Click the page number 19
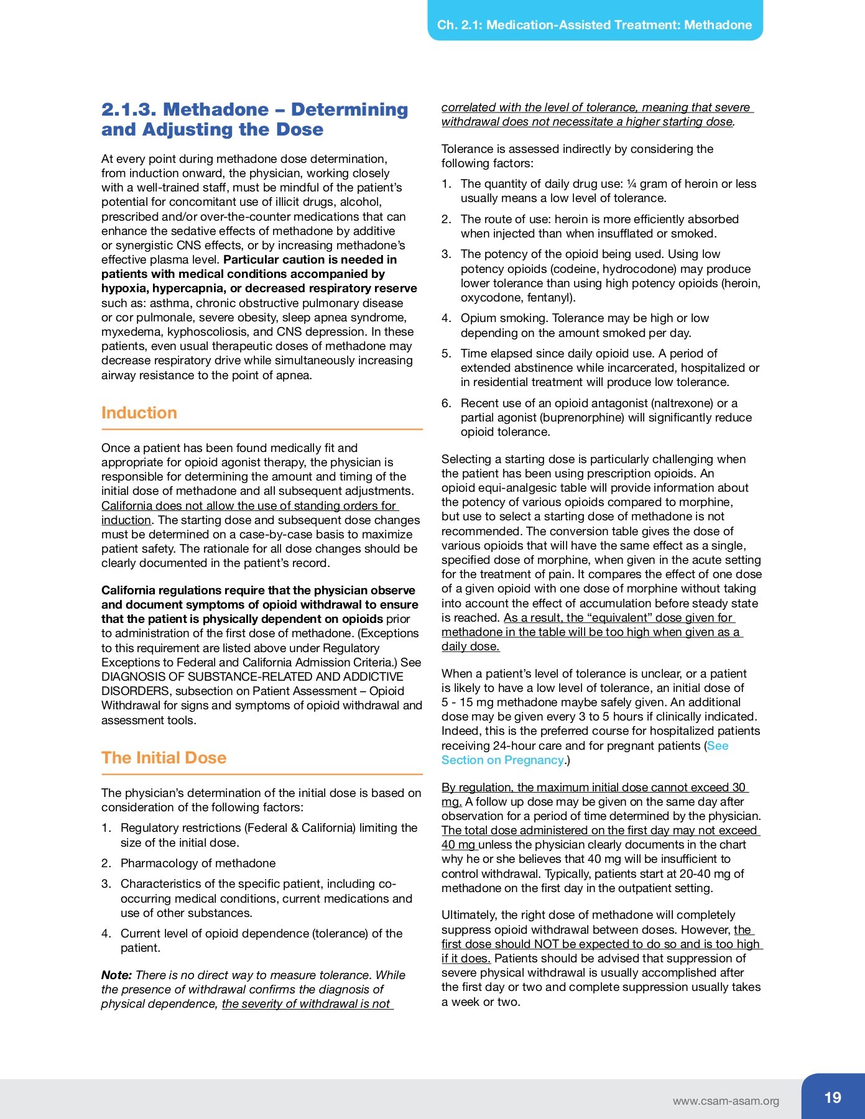833,1098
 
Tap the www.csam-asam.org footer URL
725,1101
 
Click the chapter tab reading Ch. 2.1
594,25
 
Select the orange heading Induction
139,413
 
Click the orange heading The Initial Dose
164,758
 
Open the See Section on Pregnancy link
585,753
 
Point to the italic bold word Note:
116,975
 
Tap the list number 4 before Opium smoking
446,318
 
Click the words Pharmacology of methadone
198,863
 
